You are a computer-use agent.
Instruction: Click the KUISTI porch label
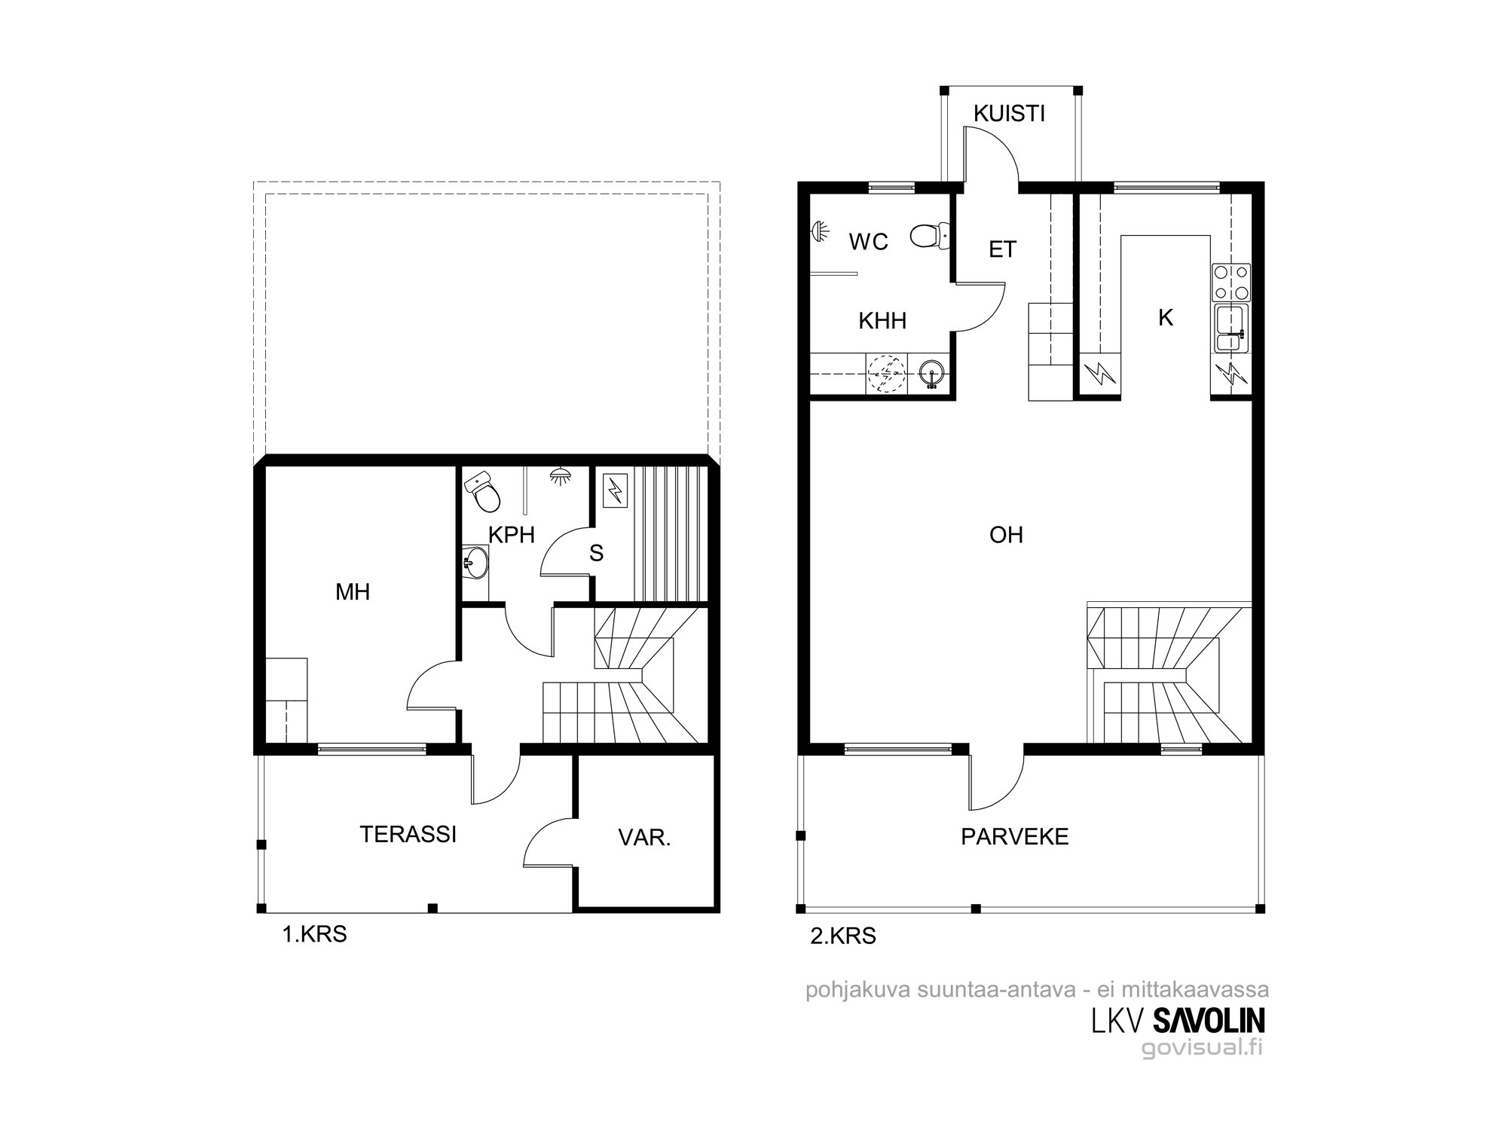(x=1009, y=114)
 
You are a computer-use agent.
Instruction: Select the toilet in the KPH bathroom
(x=482, y=492)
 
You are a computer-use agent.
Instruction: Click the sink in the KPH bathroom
(x=475, y=561)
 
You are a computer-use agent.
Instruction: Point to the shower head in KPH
(x=559, y=476)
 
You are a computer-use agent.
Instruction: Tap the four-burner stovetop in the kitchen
(x=1231, y=282)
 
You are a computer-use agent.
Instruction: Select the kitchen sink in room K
(x=1231, y=328)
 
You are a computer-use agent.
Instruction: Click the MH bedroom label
(x=353, y=592)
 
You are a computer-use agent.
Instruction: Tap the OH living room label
(x=1006, y=535)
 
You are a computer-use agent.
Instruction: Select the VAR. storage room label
(x=644, y=838)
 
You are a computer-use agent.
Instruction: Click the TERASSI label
(x=408, y=835)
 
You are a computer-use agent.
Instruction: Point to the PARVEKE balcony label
(x=1015, y=837)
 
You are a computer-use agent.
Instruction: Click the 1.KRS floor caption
(x=314, y=935)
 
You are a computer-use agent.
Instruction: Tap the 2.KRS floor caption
(x=843, y=936)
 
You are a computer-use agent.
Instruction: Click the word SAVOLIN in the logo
(x=1209, y=1021)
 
